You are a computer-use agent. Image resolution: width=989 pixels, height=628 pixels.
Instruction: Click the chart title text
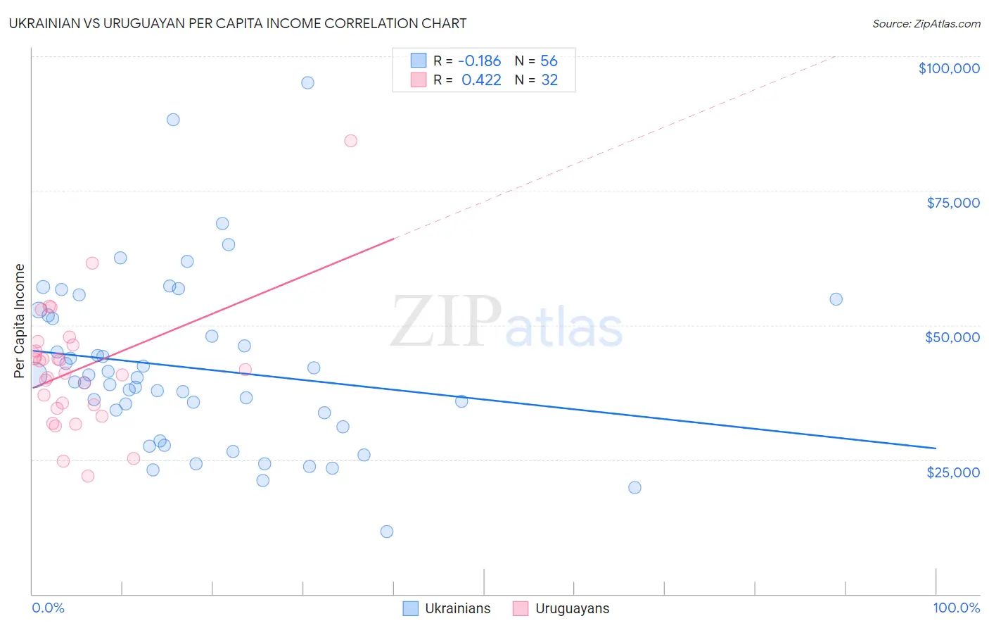coord(238,23)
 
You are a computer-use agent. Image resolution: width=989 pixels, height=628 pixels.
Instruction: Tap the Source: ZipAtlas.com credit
coord(926,24)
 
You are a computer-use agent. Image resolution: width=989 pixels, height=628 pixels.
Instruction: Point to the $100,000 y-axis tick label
coord(948,68)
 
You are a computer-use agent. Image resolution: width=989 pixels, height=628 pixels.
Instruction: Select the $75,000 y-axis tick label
coord(952,203)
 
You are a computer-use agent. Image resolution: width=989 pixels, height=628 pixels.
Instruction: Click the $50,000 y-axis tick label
coord(952,337)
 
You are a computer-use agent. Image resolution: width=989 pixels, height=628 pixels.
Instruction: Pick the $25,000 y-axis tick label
coord(952,472)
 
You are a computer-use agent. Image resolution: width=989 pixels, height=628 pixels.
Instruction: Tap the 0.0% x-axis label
coord(48,608)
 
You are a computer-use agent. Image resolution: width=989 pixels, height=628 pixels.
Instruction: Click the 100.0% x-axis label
coord(956,608)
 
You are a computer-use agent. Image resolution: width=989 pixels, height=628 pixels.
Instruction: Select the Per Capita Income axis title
coord(20,320)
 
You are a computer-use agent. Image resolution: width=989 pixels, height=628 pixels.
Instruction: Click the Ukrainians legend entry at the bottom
coord(447,608)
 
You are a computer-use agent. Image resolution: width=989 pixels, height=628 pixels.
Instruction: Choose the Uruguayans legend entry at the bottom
coord(561,608)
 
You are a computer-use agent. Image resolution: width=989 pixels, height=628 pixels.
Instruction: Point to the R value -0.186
coord(479,61)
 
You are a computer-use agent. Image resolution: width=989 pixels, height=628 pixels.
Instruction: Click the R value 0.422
coord(481,80)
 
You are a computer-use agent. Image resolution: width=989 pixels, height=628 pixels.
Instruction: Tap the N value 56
coord(549,61)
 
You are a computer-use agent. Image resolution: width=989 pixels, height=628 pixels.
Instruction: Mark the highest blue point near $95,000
coord(307,82)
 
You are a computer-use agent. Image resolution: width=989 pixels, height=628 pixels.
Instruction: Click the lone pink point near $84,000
coord(350,141)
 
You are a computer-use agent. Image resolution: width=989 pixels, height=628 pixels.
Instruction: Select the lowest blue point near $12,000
coord(386,532)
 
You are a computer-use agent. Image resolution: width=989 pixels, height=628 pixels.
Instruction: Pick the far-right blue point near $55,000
coord(836,299)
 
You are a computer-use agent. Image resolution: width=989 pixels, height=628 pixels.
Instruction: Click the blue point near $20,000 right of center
coord(634,487)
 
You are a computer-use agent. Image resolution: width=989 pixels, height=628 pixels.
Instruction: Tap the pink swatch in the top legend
coord(419,80)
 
